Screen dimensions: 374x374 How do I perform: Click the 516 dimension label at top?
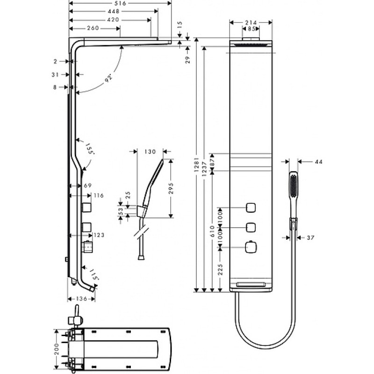point(120,3)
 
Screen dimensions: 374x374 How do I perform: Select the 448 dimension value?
point(113,11)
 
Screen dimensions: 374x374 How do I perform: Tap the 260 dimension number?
point(93,28)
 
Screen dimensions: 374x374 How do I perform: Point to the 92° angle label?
point(108,79)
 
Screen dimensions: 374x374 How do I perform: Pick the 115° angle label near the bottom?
point(94,274)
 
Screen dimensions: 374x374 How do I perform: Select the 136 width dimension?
point(81,299)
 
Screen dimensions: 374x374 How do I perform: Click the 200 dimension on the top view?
point(57,349)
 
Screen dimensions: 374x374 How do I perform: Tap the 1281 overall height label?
point(196,165)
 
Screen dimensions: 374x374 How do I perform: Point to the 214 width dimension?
point(251,22)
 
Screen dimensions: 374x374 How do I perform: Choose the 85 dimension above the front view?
point(251,29)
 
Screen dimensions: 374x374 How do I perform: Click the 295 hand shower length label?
point(171,188)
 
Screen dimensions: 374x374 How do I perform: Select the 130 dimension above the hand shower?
point(150,151)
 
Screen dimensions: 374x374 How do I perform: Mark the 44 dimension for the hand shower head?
point(319,162)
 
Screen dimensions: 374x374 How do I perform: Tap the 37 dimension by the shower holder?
point(310,238)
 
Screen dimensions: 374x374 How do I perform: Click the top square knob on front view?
point(251,208)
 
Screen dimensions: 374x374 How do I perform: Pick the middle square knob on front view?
point(251,227)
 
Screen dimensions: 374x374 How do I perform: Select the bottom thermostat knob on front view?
point(251,247)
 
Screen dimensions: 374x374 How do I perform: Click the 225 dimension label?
point(220,269)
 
